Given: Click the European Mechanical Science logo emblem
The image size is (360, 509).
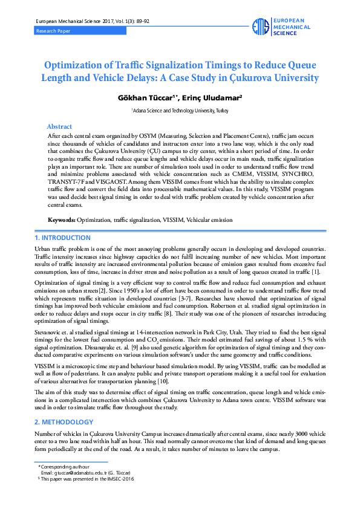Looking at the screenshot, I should tap(260, 27).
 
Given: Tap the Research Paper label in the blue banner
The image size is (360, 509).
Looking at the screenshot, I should tap(53, 30).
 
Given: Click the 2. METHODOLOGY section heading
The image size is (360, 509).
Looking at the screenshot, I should tap(64, 421).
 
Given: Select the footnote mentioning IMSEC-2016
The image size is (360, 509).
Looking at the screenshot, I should tap(88, 478).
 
